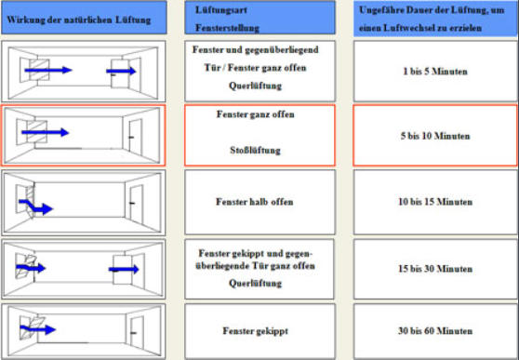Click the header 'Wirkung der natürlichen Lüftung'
pyautogui.click(x=79, y=20)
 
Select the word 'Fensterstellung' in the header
pyautogui.click(x=227, y=28)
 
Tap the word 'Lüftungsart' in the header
pyautogui.click(x=221, y=10)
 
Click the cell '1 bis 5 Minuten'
pyautogui.click(x=435, y=72)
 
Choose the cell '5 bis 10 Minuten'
pyautogui.click(x=435, y=136)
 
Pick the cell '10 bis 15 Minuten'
pyautogui.click(x=435, y=202)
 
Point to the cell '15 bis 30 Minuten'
pyautogui.click(x=435, y=269)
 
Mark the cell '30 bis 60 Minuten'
pyautogui.click(x=435, y=330)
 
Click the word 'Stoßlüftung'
pyautogui.click(x=255, y=151)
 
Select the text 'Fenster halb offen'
pyautogui.click(x=255, y=202)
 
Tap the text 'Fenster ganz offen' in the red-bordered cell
pyautogui.click(x=255, y=114)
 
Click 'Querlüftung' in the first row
pyautogui.click(x=255, y=86)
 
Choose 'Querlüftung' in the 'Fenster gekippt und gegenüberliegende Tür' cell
pyautogui.click(x=255, y=283)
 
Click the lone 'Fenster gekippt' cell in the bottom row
pyautogui.click(x=255, y=330)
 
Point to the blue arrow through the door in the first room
pyautogui.click(x=121, y=71)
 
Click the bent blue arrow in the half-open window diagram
pyautogui.click(x=35, y=207)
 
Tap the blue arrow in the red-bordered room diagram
pyautogui.click(x=45, y=132)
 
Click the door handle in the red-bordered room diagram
pyautogui.click(x=131, y=137)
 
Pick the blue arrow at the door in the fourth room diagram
pyautogui.click(x=124, y=269)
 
